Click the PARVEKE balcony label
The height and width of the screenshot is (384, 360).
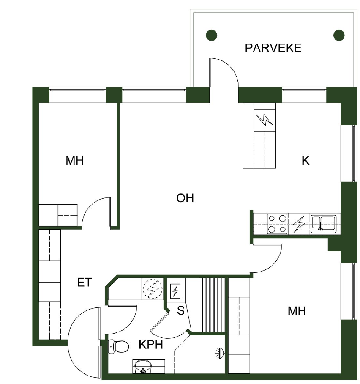coord(273,48)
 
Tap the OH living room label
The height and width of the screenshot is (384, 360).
coord(185,198)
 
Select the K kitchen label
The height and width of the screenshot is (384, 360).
coord(305,160)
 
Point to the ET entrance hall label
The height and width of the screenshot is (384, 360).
coord(85,283)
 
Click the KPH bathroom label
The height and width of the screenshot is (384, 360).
coord(151,345)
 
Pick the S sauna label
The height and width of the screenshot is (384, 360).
coord(180,310)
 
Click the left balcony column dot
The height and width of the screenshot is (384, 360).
coord(212,35)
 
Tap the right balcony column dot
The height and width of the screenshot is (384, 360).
coord(339,35)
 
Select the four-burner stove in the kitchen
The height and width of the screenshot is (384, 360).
coord(277,224)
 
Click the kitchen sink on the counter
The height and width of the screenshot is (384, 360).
coord(323,223)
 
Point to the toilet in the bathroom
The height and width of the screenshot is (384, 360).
coord(118,346)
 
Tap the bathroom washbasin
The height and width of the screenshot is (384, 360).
coord(143,366)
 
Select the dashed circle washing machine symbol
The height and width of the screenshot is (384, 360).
coord(153,289)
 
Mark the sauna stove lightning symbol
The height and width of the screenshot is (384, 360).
coord(175,291)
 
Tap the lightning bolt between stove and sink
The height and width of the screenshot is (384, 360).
coord(299,224)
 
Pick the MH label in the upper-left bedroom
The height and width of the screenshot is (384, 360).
coord(75,160)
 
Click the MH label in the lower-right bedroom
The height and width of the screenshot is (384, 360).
coord(297,311)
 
